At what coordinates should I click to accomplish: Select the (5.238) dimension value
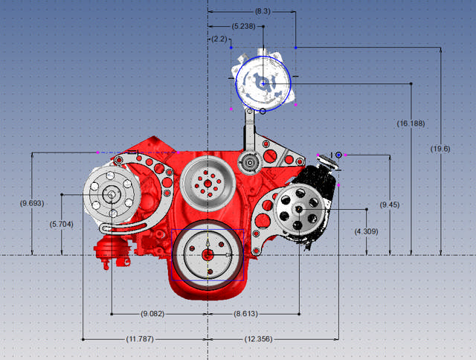pos(244,26)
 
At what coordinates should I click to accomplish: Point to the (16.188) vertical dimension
pos(411,123)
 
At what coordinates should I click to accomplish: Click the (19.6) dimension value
pos(440,149)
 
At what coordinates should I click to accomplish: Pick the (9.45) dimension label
pos(390,205)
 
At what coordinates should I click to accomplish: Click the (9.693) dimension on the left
pos(32,203)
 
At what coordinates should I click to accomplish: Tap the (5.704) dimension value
pos(61,224)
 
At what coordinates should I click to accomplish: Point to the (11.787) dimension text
pos(141,339)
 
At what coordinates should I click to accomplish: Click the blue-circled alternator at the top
pos(262,82)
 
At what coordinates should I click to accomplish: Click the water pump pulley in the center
pos(208,182)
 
